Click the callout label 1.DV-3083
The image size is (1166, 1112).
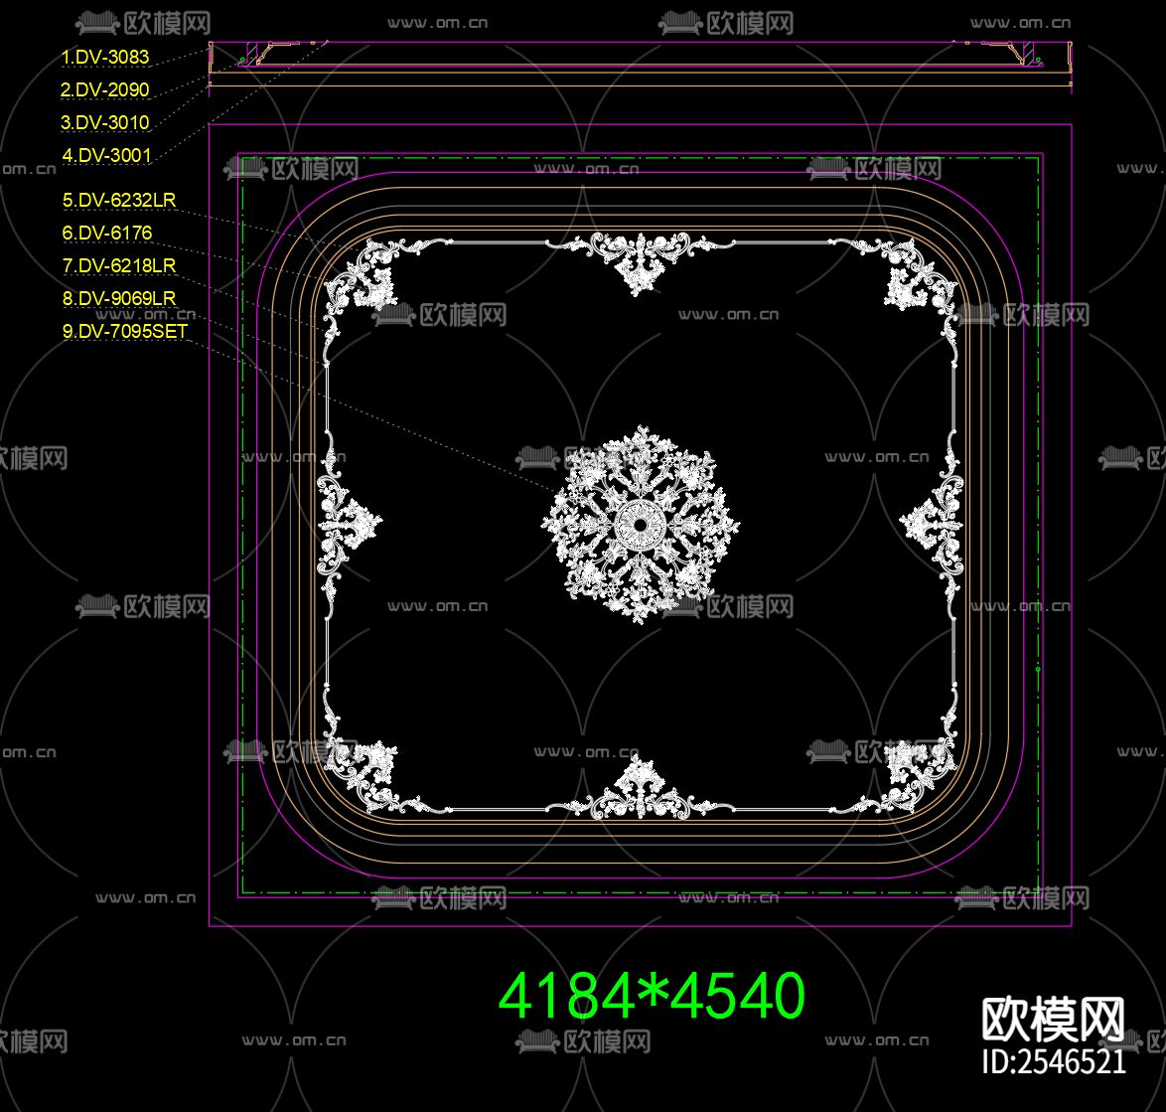tap(105, 58)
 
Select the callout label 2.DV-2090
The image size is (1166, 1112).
tap(105, 90)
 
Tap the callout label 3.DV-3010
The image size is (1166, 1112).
tap(105, 123)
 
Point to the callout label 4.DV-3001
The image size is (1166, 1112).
tap(106, 155)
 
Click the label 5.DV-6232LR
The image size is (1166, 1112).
tap(119, 200)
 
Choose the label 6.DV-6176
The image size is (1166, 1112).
tap(107, 233)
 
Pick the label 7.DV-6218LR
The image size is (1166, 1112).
tap(119, 265)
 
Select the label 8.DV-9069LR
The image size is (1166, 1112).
tap(119, 298)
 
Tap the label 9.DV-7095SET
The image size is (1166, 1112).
tap(125, 331)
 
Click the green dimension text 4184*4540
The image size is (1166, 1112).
tap(652, 996)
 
